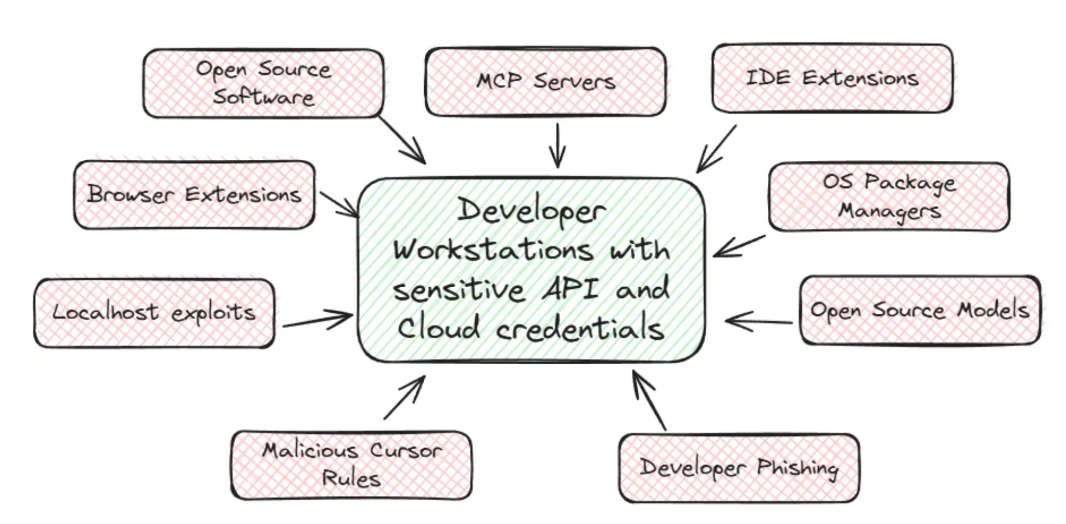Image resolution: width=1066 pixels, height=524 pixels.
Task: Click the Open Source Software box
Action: click(263, 83)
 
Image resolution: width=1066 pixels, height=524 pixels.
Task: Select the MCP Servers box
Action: click(545, 82)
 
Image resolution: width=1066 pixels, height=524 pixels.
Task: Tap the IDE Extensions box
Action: click(832, 78)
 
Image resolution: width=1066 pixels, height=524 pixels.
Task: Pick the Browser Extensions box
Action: click(194, 195)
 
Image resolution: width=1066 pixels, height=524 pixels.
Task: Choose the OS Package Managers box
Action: click(889, 197)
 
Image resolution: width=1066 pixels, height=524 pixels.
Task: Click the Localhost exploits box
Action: click(154, 313)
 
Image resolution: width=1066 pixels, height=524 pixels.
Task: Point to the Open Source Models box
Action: click(920, 311)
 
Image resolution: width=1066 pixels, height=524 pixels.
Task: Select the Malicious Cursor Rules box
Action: click(351, 465)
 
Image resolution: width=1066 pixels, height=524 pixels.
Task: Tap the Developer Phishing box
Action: click(739, 468)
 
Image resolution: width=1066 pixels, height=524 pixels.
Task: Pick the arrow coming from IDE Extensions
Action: click(716, 149)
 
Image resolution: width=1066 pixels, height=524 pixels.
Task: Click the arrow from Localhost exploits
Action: click(318, 320)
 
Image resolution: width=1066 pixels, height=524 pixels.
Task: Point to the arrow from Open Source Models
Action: click(759, 321)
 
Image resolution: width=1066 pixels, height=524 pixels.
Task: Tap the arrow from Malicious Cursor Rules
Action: click(404, 398)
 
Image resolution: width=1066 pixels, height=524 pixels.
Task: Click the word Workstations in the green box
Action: click(493, 250)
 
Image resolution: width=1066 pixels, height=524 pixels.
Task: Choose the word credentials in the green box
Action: click(580, 329)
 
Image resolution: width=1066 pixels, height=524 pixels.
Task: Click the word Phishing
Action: click(797, 468)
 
